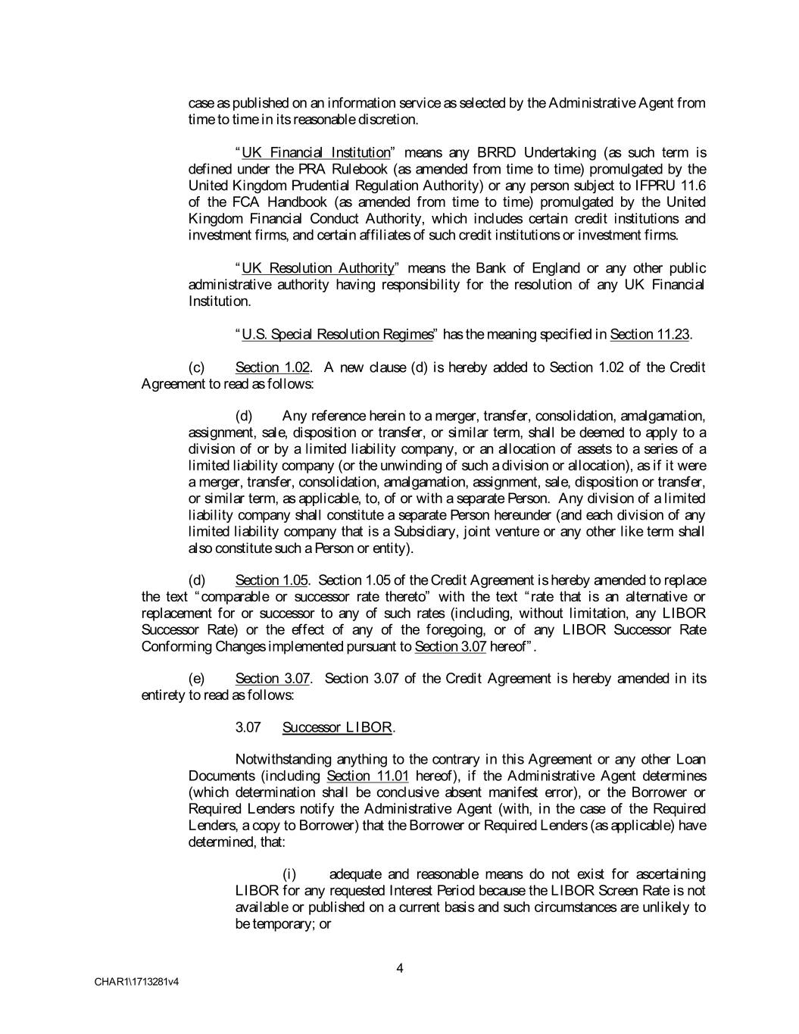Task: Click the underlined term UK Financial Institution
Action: point(315,153)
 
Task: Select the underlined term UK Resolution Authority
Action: point(318,268)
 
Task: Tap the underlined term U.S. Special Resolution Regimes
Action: point(337,334)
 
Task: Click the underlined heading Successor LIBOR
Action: point(338,727)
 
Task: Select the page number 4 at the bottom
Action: point(400,967)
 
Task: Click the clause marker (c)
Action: point(196,367)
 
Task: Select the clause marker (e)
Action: point(196,678)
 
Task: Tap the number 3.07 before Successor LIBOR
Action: point(248,727)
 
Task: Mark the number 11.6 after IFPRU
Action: point(691,186)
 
